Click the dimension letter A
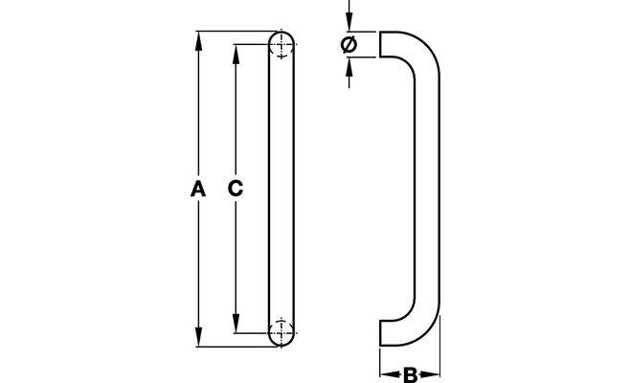tap(196, 190)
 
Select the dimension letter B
tap(409, 375)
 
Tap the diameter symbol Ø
tap(349, 44)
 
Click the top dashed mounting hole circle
tap(281, 46)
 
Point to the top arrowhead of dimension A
tap(198, 38)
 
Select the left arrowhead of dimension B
tap(385, 374)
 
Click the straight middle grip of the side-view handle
tap(427, 190)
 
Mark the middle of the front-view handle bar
tap(281, 190)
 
